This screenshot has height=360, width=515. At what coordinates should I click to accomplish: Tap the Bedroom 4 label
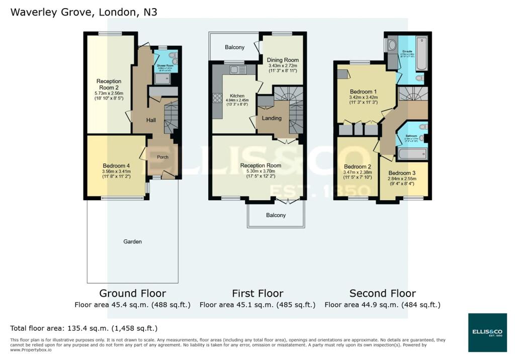pyautogui.click(x=117, y=166)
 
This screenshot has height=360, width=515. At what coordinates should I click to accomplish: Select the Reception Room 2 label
pyautogui.click(x=109, y=84)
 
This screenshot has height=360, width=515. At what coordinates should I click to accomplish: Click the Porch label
pyautogui.click(x=162, y=157)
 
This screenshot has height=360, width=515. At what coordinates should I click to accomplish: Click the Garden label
pyautogui.click(x=132, y=241)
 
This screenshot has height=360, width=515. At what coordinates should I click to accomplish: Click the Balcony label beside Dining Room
pyautogui.click(x=234, y=47)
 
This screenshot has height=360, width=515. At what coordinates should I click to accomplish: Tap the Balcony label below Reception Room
pyautogui.click(x=276, y=215)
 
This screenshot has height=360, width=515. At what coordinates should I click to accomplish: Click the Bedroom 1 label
pyautogui.click(x=364, y=92)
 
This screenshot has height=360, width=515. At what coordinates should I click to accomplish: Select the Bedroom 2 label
pyautogui.click(x=357, y=166)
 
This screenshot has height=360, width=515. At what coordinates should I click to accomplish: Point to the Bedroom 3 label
pyautogui.click(x=403, y=172)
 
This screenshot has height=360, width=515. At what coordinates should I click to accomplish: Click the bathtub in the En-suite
pyautogui.click(x=421, y=54)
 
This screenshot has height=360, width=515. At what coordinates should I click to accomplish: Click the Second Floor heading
pyautogui.click(x=382, y=293)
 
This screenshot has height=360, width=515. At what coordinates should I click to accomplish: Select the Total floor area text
pyautogui.click(x=84, y=328)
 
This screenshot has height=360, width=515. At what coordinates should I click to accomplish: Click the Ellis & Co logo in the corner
pyautogui.click(x=487, y=332)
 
